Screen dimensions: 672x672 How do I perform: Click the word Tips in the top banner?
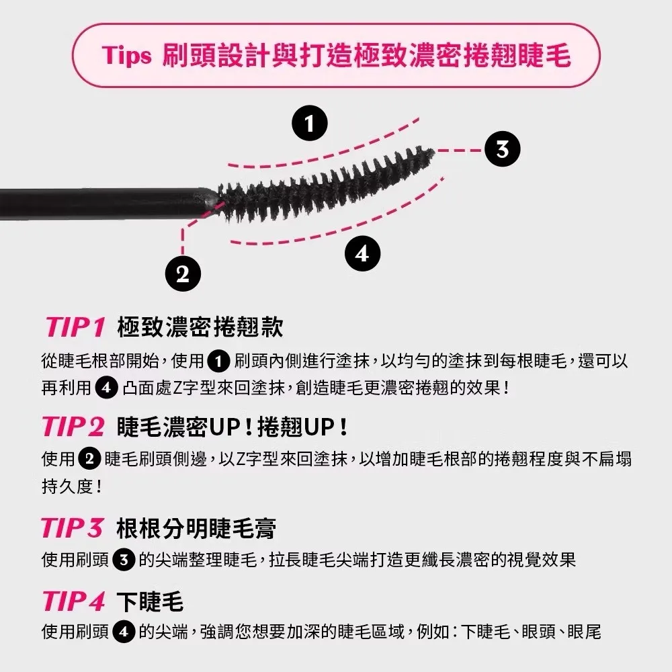(127, 56)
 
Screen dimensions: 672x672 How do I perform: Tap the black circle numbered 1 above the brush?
(309, 124)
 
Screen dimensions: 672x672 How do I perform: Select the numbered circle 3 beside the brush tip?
(502, 149)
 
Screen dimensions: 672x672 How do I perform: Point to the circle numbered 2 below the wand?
(183, 274)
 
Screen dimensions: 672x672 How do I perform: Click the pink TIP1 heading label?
(75, 327)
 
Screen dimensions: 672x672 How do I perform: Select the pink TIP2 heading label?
(73, 427)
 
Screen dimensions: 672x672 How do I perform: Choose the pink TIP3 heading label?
(73, 528)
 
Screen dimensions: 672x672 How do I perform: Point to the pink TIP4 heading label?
(74, 600)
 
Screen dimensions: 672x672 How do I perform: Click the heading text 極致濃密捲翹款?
(200, 327)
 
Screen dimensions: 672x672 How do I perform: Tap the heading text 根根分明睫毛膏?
(196, 528)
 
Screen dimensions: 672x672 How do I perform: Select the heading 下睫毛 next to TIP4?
(150, 601)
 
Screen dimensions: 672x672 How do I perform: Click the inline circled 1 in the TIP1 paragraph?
(218, 362)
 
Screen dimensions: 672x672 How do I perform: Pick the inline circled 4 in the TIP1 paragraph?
(106, 388)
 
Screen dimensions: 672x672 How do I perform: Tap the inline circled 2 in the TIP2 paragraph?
(89, 459)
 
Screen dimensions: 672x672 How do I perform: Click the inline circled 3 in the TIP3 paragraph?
(124, 560)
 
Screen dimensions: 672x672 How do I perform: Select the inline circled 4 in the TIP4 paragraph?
(124, 632)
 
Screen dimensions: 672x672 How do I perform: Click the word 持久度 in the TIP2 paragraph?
(67, 487)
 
